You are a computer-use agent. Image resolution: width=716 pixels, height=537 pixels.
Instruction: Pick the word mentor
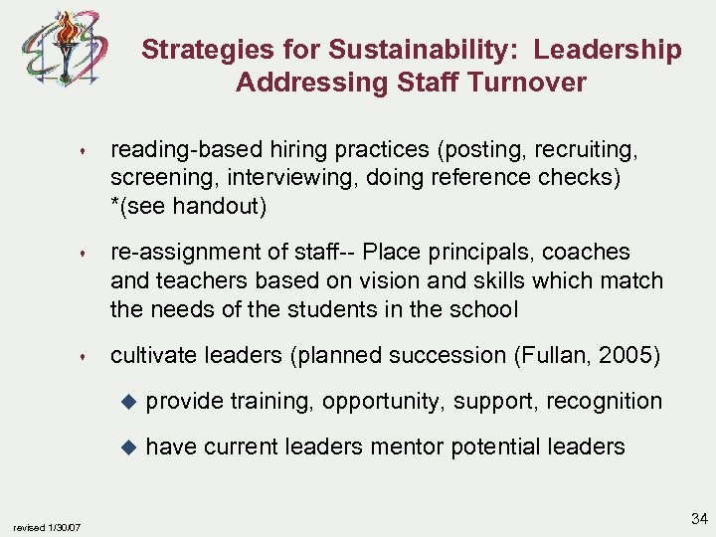pyautogui.click(x=407, y=447)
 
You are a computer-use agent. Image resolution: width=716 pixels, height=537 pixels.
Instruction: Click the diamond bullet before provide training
pyautogui.click(x=126, y=402)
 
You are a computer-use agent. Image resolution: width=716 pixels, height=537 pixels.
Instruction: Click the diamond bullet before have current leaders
pyautogui.click(x=126, y=447)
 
